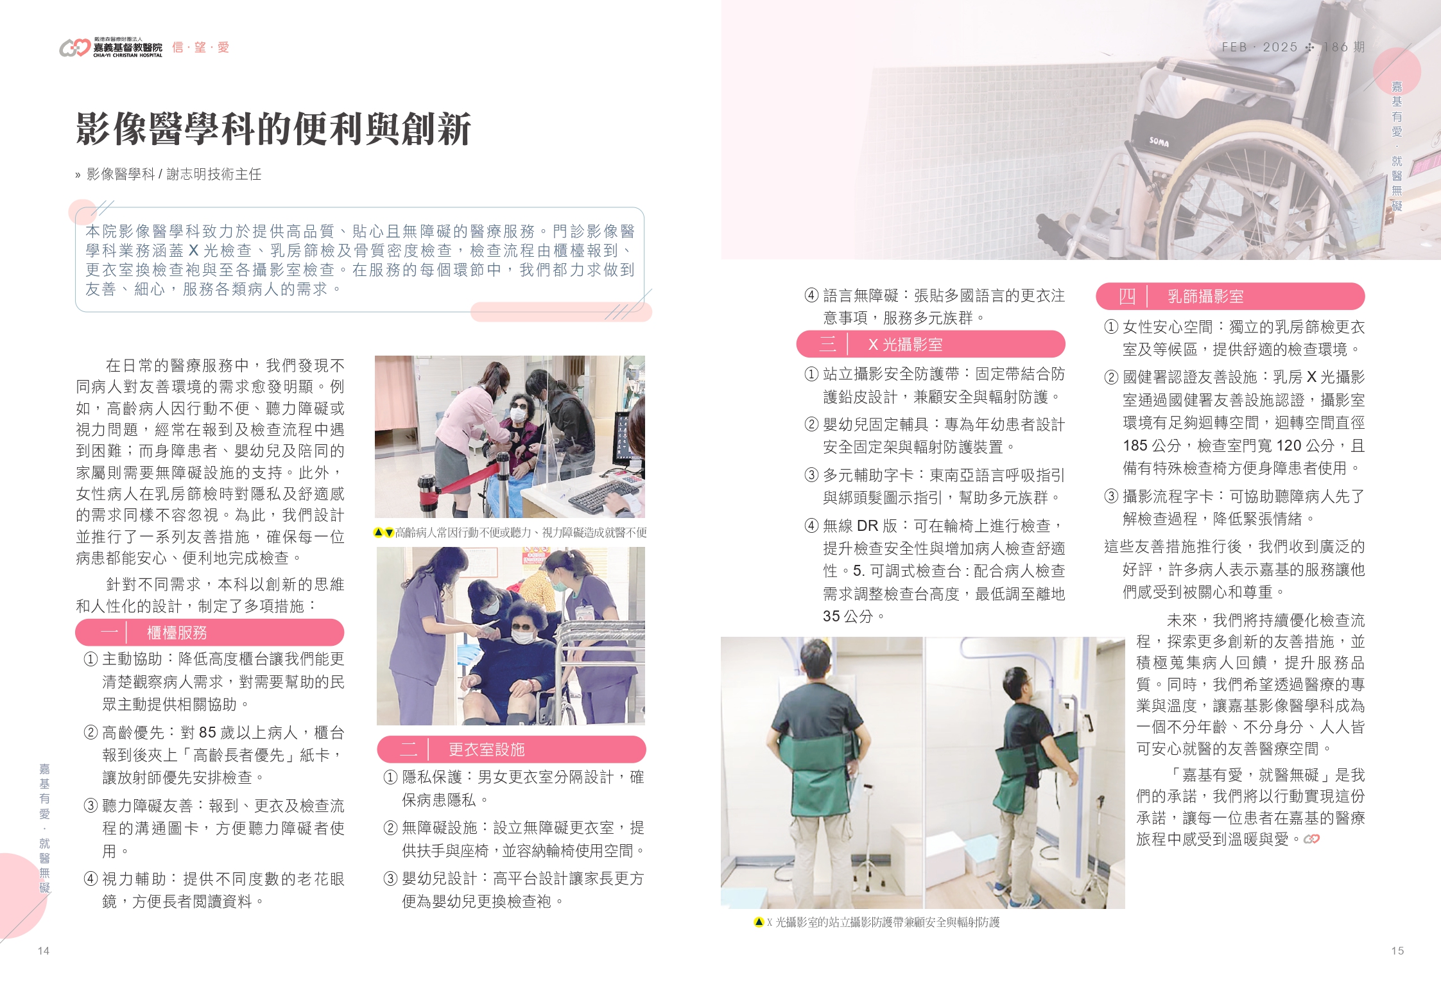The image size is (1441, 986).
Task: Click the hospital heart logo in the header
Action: tap(74, 48)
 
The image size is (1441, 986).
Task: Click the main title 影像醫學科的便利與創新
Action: tap(273, 129)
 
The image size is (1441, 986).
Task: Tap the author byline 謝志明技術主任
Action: tap(214, 174)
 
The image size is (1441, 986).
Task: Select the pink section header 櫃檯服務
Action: tap(209, 632)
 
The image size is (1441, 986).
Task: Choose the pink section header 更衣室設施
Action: tap(512, 749)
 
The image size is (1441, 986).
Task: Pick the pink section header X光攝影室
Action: tap(931, 344)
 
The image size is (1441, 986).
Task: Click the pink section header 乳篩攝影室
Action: tap(1230, 296)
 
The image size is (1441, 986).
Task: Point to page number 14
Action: tap(44, 951)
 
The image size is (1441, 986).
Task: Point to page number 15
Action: tap(1397, 951)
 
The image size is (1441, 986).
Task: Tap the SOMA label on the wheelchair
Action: tap(1159, 141)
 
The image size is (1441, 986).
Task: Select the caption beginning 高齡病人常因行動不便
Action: tap(510, 532)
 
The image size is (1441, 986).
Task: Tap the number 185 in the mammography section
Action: tap(1135, 445)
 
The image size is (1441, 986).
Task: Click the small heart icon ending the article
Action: tap(1311, 839)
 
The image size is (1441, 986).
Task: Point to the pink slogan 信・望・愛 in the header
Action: tap(200, 47)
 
